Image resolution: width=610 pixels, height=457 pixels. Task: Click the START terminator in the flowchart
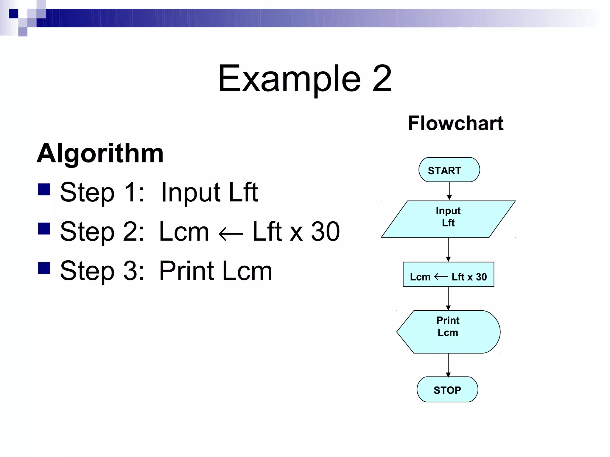(x=449, y=170)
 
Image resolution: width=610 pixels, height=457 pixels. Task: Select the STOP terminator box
(x=447, y=389)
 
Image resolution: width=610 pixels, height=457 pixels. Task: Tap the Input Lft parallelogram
(x=448, y=219)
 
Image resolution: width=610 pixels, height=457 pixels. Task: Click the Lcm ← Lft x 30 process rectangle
(x=448, y=274)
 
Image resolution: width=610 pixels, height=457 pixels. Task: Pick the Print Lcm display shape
(x=448, y=332)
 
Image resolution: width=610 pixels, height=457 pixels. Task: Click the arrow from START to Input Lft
(x=449, y=191)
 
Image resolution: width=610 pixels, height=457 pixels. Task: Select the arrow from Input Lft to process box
(x=448, y=250)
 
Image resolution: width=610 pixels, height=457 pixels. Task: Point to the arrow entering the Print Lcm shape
(x=448, y=298)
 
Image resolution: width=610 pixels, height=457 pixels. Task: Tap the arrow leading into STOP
(x=448, y=365)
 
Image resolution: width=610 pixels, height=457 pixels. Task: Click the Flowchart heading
(x=455, y=123)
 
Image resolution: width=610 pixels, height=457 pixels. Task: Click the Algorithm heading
(x=100, y=153)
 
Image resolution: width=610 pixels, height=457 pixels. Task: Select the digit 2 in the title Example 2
(x=382, y=79)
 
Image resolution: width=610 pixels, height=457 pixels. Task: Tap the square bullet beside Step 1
(x=44, y=189)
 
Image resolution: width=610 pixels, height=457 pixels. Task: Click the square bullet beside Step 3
(x=44, y=268)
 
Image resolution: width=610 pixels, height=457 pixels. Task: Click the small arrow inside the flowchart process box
(x=441, y=277)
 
